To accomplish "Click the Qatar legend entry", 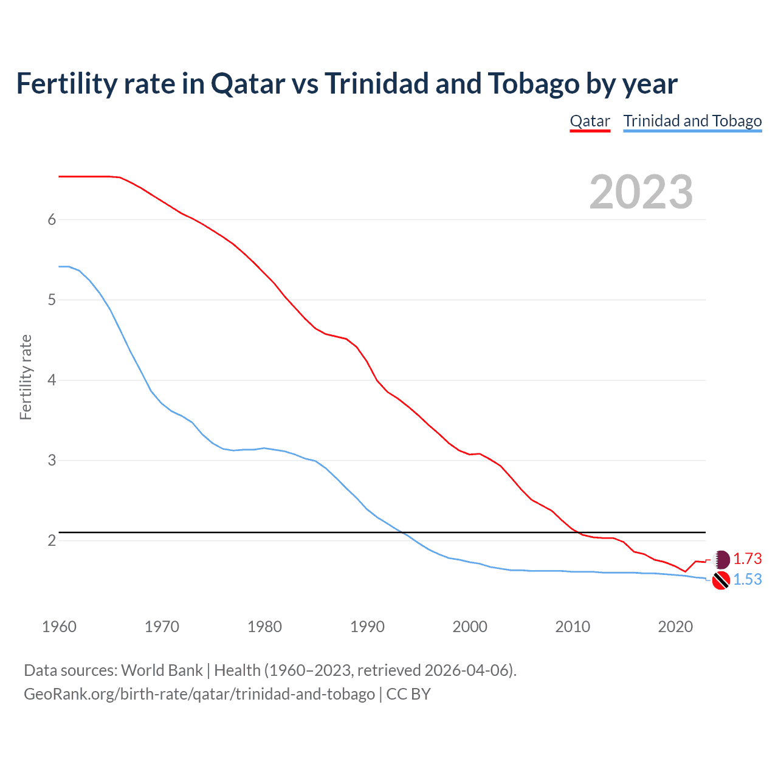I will [x=590, y=121].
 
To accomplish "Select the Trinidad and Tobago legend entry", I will [x=692, y=121].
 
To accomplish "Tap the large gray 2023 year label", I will [x=641, y=192].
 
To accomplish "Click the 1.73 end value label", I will [x=747, y=559].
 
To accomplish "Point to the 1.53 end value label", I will [x=747, y=580].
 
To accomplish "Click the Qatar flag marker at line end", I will [x=721, y=559].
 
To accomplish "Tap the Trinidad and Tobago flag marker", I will [x=721, y=580].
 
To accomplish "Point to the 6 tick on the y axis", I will [x=52, y=219].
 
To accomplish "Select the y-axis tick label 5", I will [x=52, y=300].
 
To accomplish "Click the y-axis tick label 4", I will [x=52, y=380].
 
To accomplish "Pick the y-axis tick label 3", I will [x=52, y=460].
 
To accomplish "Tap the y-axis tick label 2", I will [x=52, y=540].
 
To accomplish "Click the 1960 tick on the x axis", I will [x=59, y=627].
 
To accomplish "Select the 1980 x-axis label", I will [x=264, y=627].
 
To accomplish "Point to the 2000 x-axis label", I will [x=470, y=627].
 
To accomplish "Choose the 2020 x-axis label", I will [x=675, y=627].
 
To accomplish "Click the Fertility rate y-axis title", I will [x=26, y=377].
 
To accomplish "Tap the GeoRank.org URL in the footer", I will [x=199, y=694].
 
